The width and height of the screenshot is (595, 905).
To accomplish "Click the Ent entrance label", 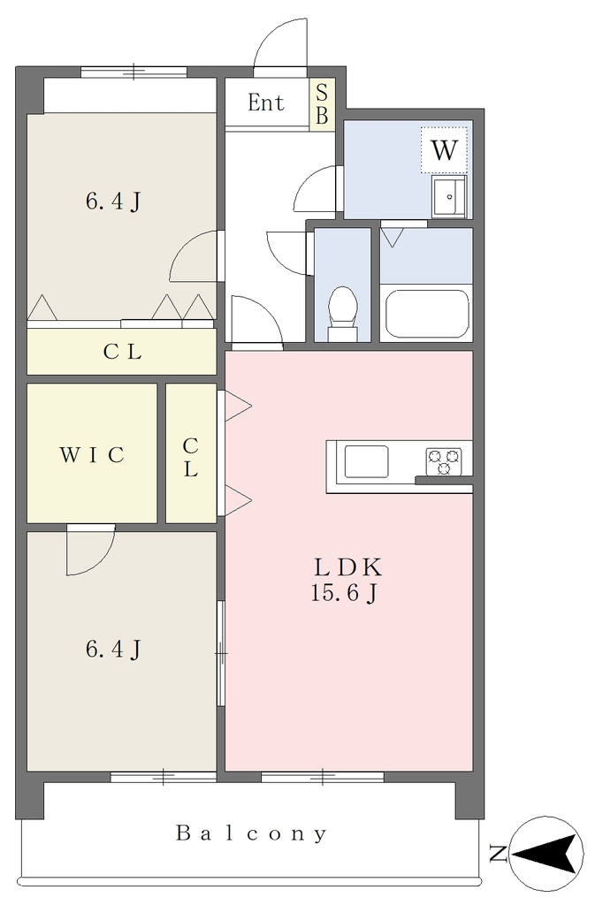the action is point(266,103).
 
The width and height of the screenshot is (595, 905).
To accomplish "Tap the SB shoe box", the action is point(322,104).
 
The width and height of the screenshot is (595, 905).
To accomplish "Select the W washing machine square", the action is point(444,150).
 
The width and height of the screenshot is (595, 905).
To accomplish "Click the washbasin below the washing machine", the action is point(449,197).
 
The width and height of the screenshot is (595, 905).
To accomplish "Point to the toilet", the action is point(342,313).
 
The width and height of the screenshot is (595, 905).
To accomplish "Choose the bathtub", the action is point(426,313).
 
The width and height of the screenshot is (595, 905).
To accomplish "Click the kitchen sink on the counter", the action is point(367,461).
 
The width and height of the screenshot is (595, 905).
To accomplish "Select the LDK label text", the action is point(347,568).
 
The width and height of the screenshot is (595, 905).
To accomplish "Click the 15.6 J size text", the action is point(344,593).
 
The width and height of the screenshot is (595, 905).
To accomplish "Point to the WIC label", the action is point(92,455).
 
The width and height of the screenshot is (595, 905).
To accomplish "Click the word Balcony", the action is point(252,834).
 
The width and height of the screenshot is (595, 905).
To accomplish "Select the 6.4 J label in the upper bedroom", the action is point(113,202).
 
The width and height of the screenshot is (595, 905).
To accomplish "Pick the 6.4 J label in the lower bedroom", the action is point(113,650).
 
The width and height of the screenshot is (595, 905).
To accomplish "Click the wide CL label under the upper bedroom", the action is point(122,352).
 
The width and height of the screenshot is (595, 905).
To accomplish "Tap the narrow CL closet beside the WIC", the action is point(192,453).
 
